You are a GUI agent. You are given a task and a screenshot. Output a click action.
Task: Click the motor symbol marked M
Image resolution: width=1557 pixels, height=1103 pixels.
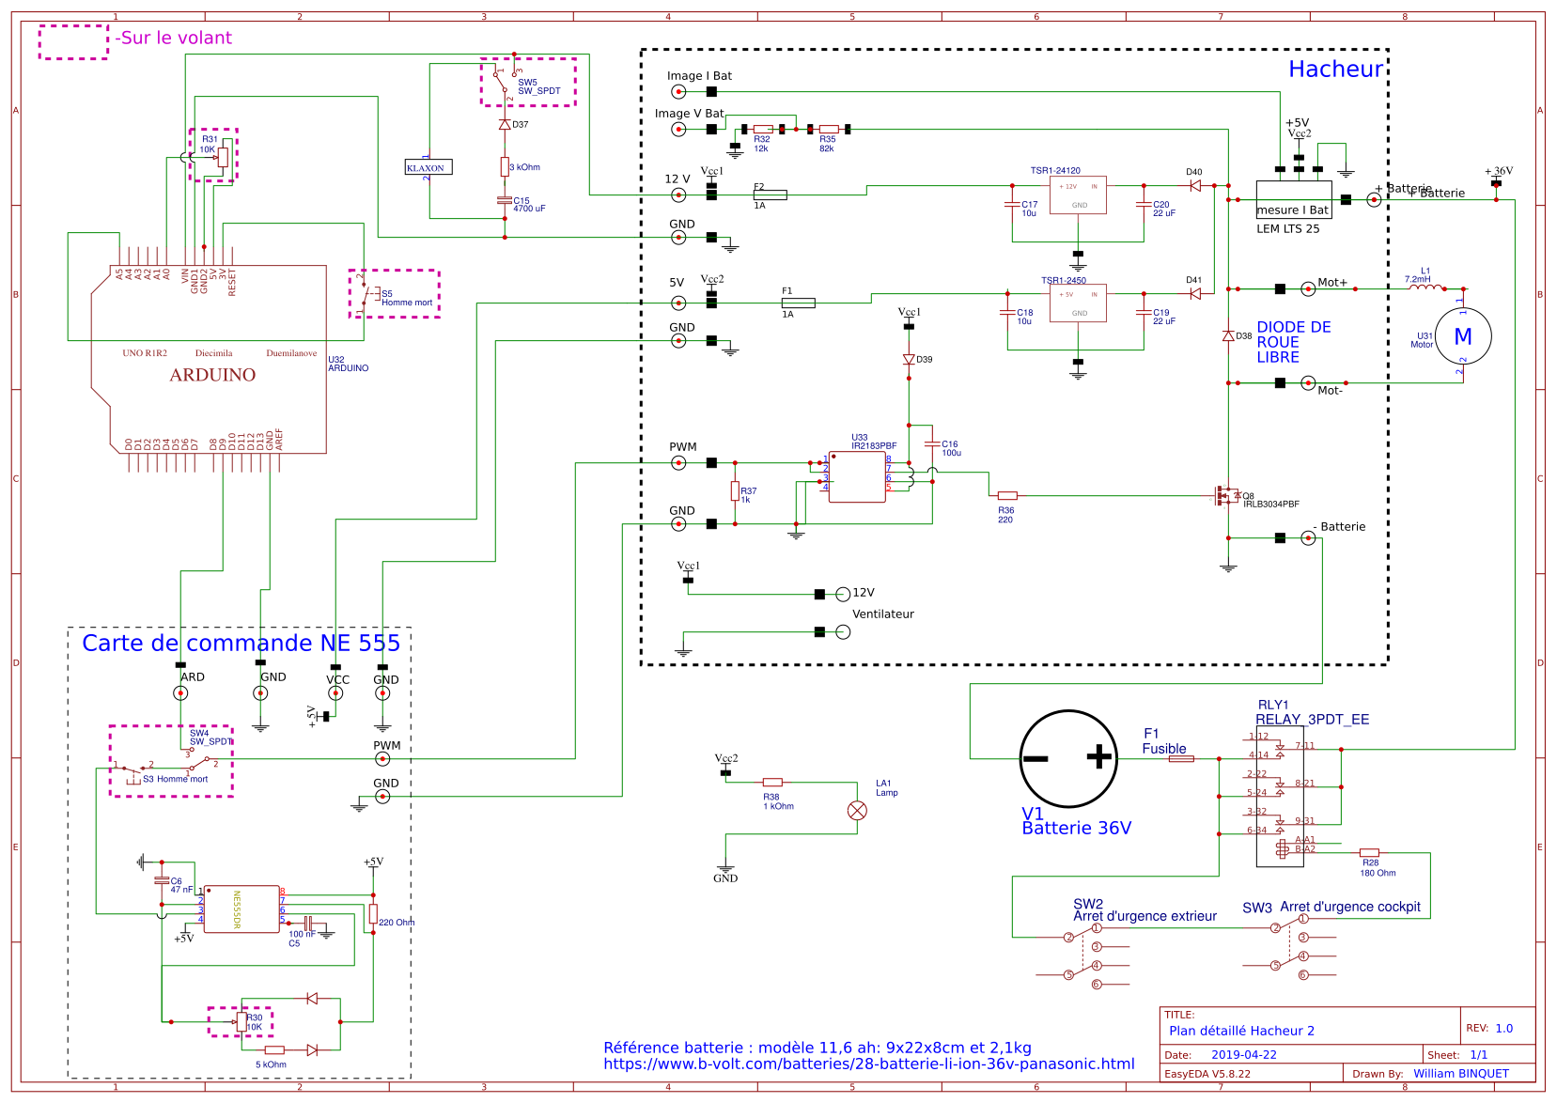1463,336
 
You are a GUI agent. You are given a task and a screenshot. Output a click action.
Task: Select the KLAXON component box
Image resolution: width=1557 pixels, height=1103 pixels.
428,167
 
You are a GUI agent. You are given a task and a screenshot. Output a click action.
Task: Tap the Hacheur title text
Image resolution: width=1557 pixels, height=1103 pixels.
1334,70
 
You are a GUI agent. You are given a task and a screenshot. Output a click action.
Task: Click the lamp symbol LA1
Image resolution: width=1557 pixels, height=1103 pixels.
857,810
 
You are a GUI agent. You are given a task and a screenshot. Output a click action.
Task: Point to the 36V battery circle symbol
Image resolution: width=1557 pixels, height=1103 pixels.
1068,758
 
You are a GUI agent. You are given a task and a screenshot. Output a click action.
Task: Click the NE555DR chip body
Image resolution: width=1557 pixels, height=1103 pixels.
241,909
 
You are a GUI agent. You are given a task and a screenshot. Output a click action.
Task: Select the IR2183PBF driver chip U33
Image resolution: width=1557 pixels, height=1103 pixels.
856,476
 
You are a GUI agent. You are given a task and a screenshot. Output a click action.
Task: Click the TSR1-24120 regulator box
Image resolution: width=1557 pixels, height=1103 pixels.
1078,195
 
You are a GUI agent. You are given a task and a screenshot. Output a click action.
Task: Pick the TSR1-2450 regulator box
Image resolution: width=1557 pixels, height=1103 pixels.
1078,303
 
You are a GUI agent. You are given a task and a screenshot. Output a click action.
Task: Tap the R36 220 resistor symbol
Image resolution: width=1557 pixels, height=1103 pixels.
1007,495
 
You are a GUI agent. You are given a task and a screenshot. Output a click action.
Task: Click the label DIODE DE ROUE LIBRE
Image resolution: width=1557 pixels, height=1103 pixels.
1293,342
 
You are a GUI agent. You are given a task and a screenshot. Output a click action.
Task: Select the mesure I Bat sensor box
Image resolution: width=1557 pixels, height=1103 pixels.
1293,200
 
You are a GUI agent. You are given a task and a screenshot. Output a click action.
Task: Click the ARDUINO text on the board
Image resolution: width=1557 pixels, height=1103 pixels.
212,375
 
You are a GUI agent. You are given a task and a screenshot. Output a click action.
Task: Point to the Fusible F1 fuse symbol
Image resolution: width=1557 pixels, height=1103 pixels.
1181,758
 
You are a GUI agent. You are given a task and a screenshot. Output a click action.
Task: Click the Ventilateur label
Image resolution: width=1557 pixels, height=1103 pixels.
882,614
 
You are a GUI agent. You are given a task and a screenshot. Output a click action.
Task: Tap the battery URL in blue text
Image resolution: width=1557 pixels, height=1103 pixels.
868,1064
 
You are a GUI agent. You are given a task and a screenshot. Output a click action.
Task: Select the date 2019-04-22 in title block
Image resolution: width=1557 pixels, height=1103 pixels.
1243,1054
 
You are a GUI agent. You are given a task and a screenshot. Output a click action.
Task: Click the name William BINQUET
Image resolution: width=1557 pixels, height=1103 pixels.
1460,1073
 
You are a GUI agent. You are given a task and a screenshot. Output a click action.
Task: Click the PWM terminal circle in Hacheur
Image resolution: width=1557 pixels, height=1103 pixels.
678,462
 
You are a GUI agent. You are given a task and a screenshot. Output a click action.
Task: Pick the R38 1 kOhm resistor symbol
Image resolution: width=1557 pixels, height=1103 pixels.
772,782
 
